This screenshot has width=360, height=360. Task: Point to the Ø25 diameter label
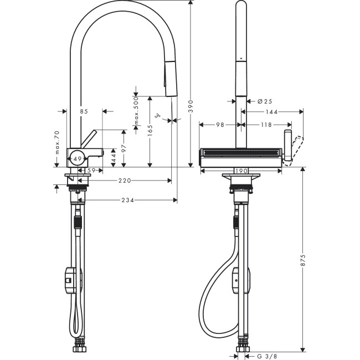264,101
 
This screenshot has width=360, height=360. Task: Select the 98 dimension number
220,125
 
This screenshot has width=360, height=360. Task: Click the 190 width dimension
241,171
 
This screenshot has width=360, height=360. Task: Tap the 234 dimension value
128,200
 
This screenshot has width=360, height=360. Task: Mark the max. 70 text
56,143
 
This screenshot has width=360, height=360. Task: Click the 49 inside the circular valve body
77,159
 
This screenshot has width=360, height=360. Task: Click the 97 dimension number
125,148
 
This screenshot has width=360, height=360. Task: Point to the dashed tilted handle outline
297,147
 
